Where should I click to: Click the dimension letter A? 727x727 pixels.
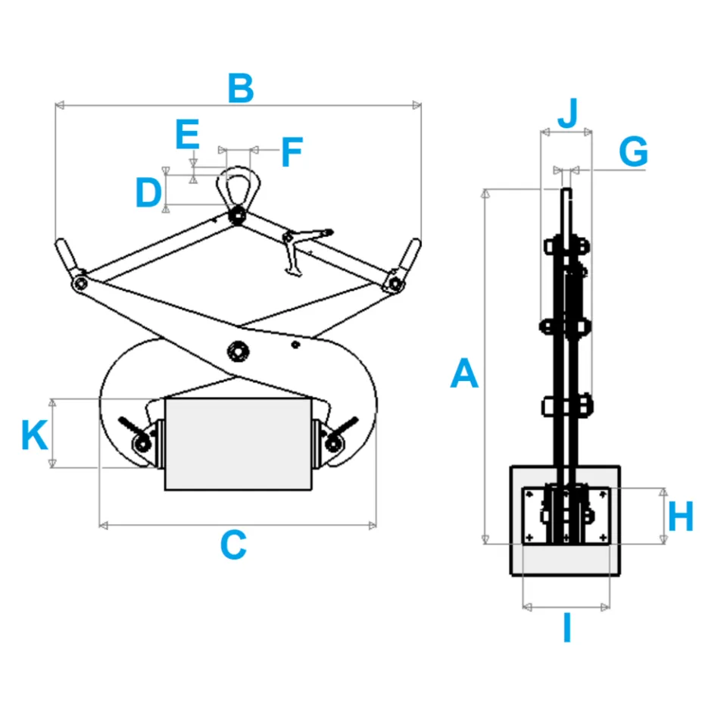pyautogui.click(x=464, y=375)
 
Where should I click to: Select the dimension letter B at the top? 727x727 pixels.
pyautogui.click(x=241, y=89)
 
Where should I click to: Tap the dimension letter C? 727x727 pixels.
pyautogui.click(x=233, y=545)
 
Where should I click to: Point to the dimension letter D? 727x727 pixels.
pyautogui.click(x=148, y=193)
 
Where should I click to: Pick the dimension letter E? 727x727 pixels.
pyautogui.click(x=187, y=136)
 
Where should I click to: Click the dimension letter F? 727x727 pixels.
pyautogui.click(x=292, y=153)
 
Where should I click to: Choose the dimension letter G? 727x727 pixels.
pyautogui.click(x=633, y=152)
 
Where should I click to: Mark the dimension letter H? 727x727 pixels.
pyautogui.click(x=680, y=518)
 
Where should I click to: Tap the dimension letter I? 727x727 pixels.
pyautogui.click(x=566, y=629)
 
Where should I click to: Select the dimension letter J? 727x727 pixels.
pyautogui.click(x=567, y=114)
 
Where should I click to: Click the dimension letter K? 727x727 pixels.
pyautogui.click(x=35, y=435)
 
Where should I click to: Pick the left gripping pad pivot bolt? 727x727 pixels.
pyautogui.click(x=140, y=443)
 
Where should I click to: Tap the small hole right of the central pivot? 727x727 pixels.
pyautogui.click(x=295, y=345)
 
